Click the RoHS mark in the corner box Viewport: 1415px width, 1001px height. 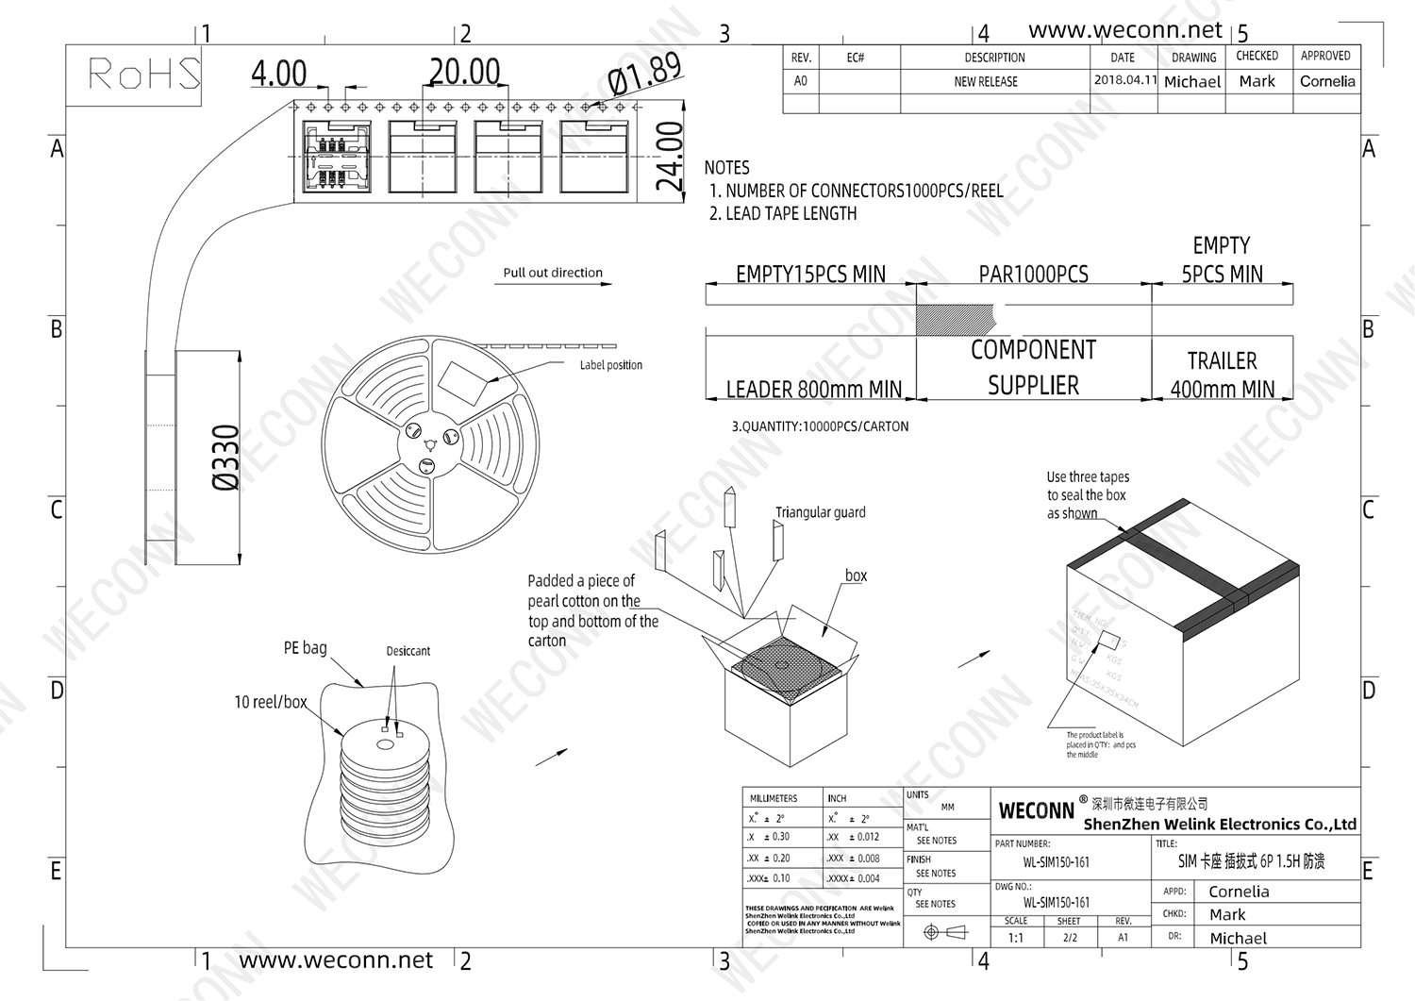point(144,74)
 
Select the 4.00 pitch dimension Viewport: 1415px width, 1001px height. point(279,74)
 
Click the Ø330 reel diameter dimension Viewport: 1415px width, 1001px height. point(226,458)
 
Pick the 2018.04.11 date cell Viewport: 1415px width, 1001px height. point(1124,80)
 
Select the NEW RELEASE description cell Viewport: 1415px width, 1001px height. point(986,82)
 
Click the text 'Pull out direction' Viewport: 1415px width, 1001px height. point(553,273)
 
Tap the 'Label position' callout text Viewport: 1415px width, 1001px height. point(610,365)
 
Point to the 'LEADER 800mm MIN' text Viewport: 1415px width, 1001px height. point(813,389)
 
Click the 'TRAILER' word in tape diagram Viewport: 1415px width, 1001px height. point(1222,361)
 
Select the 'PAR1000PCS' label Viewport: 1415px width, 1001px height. point(1033,275)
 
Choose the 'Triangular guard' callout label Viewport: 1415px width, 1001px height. point(820,512)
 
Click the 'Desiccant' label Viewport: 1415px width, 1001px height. point(408,651)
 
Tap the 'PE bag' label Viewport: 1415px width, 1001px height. point(305,648)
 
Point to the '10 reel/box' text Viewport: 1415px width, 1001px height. point(271,702)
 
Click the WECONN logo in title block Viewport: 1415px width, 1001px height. point(1036,810)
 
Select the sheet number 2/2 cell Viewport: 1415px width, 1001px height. point(1070,938)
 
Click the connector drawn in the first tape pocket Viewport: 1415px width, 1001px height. point(336,157)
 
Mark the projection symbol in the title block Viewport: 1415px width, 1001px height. point(945,932)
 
